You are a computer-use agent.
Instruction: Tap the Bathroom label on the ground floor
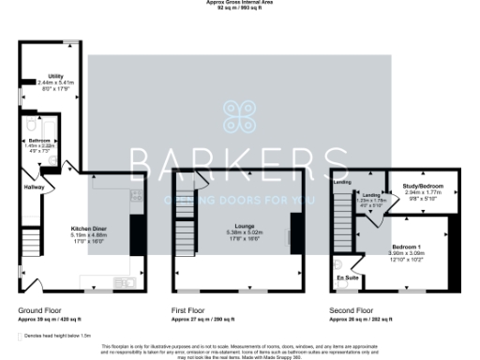tap(39, 140)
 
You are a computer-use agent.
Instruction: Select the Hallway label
tap(35, 187)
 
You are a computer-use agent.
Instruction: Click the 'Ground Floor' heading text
tap(40, 308)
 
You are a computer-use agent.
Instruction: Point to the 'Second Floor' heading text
tap(352, 308)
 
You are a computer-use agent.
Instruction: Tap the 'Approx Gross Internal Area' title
tap(240, 3)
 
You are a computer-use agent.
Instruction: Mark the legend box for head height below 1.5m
tap(22, 335)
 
